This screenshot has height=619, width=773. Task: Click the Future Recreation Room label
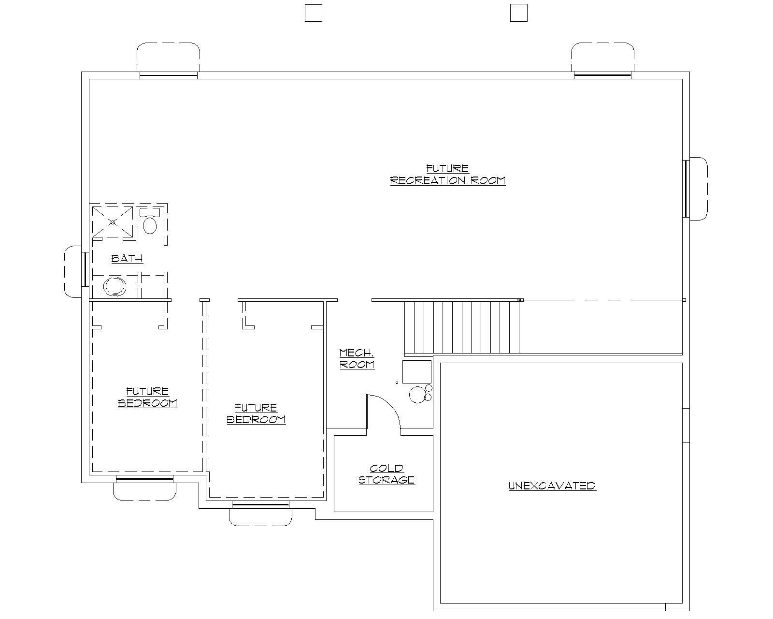[x=447, y=175]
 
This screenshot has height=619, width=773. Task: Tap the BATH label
[x=127, y=258]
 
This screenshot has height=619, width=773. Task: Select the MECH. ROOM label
[x=357, y=358]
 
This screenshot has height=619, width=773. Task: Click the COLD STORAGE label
[x=386, y=474]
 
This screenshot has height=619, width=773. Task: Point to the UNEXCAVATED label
[x=552, y=486]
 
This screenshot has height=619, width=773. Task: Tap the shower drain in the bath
[x=113, y=222]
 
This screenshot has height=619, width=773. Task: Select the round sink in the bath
[x=115, y=286]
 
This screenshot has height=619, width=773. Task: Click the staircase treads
[x=461, y=327]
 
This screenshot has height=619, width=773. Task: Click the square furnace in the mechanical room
[x=416, y=371]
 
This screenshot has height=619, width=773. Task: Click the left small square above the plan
[x=313, y=13]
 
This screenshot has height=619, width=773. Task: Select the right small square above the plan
[x=518, y=13]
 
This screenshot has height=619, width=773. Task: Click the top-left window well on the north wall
[x=168, y=57]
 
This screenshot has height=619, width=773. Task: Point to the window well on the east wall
[x=698, y=188]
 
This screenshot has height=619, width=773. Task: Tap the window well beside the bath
[x=73, y=271]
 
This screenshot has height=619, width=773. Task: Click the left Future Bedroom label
[x=147, y=397]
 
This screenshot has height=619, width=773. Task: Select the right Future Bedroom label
[x=256, y=413]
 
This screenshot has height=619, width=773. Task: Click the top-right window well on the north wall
[x=602, y=57]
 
